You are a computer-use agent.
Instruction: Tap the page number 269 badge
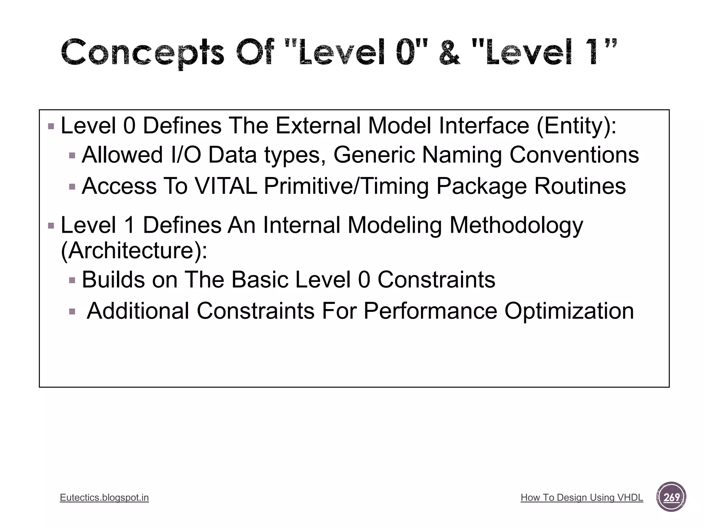(671, 497)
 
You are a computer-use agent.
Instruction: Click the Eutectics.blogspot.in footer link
(104, 497)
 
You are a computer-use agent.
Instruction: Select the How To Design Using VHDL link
(582, 497)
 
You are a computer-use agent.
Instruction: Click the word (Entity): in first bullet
(576, 126)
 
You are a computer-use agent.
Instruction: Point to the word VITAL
(226, 186)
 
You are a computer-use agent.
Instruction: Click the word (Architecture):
(134, 250)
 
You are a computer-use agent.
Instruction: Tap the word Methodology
(516, 225)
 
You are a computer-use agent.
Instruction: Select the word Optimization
(569, 311)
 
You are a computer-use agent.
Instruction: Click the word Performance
(430, 311)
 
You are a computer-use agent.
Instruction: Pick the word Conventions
(574, 155)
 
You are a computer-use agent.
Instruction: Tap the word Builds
(113, 279)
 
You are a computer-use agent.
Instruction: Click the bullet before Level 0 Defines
(51, 126)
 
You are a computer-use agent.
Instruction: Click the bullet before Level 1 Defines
(51, 226)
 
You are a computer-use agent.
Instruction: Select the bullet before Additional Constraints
(72, 312)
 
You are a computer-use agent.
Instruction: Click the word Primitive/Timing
(346, 186)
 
